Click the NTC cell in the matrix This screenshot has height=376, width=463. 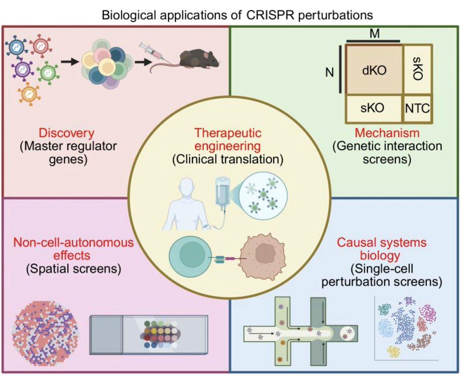[x=417, y=108]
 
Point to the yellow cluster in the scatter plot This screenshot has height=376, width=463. [x=394, y=351]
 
